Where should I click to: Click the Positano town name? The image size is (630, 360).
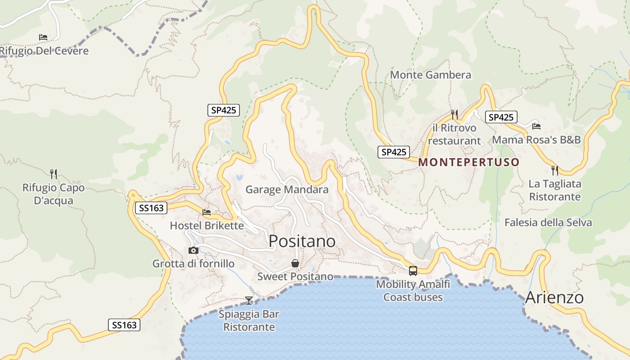tap(302, 241)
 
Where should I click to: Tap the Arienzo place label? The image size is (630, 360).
tap(554, 297)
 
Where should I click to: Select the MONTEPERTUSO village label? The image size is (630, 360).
tap(469, 162)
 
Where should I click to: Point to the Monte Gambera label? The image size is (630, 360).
tap(430, 75)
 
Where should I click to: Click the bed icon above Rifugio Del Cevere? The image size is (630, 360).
tap(43, 37)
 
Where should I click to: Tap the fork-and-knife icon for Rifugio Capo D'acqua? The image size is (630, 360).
tap(54, 174)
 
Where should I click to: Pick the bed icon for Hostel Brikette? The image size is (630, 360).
tap(207, 212)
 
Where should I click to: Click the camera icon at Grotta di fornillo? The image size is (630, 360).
tap(193, 250)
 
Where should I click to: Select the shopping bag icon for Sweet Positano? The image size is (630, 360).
tap(295, 263)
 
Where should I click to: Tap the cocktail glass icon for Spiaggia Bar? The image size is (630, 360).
tap(249, 300)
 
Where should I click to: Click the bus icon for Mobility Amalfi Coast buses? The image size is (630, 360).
tap(413, 271)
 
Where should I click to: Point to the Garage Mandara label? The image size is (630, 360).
tap(287, 189)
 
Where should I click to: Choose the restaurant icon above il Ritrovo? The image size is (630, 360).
tap(454, 115)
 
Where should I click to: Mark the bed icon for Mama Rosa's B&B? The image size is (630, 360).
tap(536, 126)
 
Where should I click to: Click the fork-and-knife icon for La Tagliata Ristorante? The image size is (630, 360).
tap(555, 171)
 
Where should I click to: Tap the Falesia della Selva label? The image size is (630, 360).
tap(548, 222)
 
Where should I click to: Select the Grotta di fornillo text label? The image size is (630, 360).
tap(193, 264)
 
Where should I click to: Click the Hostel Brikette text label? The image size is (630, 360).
tap(207, 225)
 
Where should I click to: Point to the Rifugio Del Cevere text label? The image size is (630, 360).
tap(44, 50)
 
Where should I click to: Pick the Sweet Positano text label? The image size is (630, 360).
tap(295, 276)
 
